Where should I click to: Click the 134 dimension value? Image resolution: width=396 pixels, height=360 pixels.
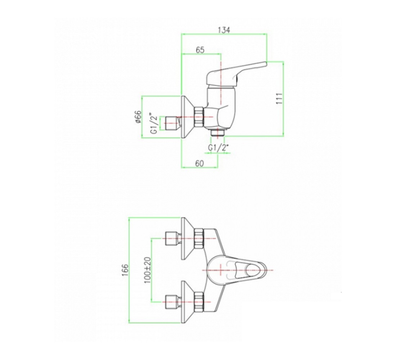224,30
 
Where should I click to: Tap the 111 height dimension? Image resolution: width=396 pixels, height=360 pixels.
279,99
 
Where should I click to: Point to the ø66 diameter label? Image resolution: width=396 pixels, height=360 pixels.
138,117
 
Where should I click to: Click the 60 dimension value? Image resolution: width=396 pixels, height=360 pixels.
199,163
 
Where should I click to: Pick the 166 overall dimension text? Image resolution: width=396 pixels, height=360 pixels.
126,270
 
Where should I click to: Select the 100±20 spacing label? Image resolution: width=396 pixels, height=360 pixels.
148,270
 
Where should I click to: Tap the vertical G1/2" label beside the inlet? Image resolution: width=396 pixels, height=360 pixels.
154,124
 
